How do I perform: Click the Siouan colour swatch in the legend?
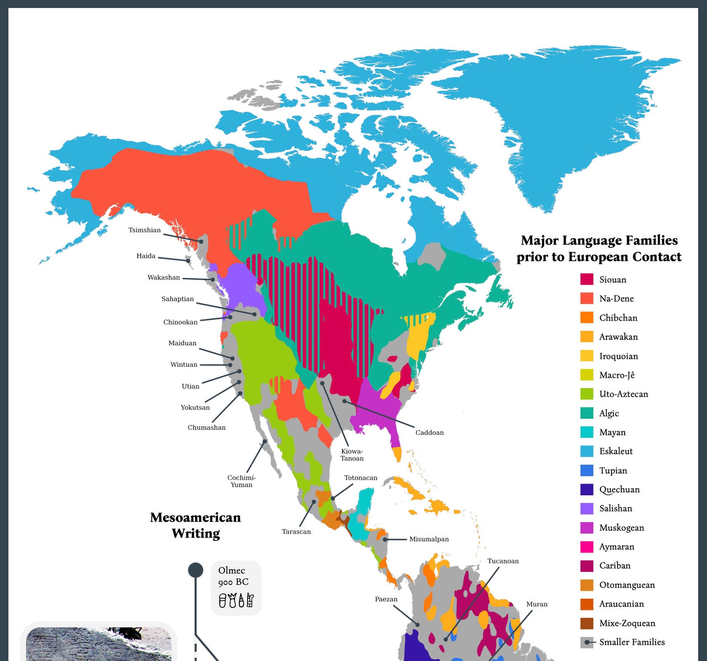tap(587, 279)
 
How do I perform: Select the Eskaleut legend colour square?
tap(587, 451)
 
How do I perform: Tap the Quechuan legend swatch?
tap(587, 490)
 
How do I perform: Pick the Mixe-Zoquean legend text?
tap(627, 623)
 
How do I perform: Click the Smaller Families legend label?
tap(632, 642)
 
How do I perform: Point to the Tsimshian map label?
tap(145, 230)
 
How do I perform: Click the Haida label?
tap(146, 256)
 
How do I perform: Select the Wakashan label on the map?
tap(164, 277)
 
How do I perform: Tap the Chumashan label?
tap(207, 427)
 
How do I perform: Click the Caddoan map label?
tap(430, 432)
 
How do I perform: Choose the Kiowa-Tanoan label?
tap(352, 455)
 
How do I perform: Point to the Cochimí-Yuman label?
tap(241, 481)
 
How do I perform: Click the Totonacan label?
tap(361, 477)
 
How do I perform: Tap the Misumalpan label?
tap(429, 539)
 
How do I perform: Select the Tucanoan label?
tap(503, 561)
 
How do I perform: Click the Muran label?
tap(537, 604)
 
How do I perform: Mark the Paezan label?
tap(386, 599)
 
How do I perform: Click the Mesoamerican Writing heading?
tap(195, 525)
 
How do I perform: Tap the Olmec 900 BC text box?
tap(236, 588)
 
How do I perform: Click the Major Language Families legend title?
tap(599, 249)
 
